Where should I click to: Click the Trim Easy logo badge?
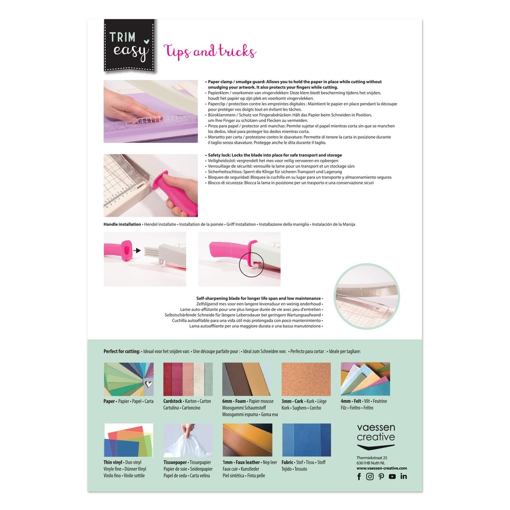click(x=129, y=45)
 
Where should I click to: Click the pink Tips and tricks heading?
click(x=210, y=52)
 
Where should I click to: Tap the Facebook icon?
click(x=359, y=477)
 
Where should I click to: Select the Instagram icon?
click(x=370, y=477)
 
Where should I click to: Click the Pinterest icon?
click(x=381, y=477)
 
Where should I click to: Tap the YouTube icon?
click(x=392, y=477)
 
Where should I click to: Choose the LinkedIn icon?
click(x=403, y=476)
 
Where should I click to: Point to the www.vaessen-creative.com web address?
click(x=382, y=468)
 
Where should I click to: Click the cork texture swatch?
click(x=306, y=379)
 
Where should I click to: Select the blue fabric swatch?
click(x=306, y=440)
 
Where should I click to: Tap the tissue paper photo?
click(x=188, y=440)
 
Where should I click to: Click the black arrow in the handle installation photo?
click(x=137, y=251)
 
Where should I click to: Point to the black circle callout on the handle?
click(x=252, y=265)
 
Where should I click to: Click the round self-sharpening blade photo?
click(x=367, y=297)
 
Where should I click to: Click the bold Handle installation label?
click(x=123, y=225)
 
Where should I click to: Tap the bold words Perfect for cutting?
click(x=122, y=351)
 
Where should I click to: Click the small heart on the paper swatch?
click(x=148, y=384)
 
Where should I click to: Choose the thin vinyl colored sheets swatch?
click(x=128, y=440)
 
